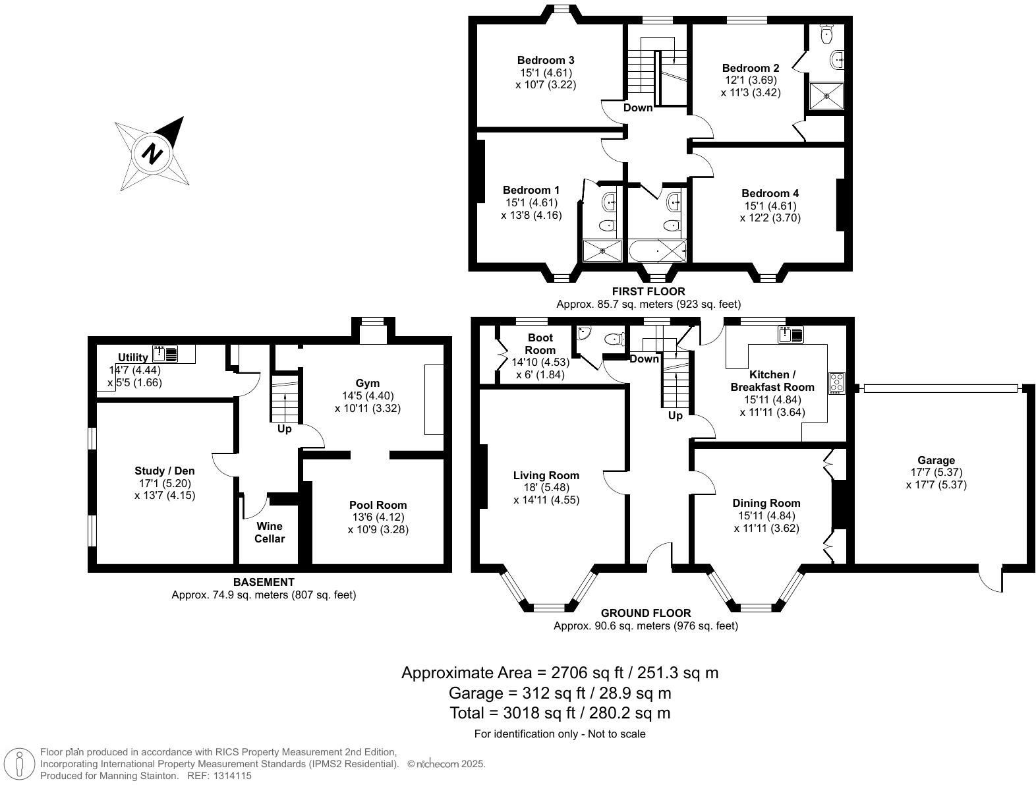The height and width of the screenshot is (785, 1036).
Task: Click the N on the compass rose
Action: [152, 154]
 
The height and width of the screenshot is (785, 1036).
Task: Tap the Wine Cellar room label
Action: [270, 532]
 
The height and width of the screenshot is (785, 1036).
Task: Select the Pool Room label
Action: [378, 505]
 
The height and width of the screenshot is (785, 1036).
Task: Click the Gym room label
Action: [367, 383]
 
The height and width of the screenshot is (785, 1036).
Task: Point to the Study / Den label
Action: [165, 471]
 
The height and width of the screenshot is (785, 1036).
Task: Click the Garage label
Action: [936, 460]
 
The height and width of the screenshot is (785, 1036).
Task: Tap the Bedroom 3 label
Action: [546, 60]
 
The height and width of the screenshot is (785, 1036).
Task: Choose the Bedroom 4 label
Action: [770, 193]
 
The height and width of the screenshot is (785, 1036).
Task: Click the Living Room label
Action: [546, 475]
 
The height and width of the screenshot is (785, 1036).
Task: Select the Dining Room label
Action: [766, 503]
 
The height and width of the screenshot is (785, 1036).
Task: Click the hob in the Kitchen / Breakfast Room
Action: [837, 383]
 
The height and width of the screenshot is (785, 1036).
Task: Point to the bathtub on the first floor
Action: [657, 251]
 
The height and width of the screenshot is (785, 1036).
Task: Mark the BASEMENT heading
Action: [264, 582]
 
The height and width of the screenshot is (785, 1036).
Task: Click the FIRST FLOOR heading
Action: [648, 291]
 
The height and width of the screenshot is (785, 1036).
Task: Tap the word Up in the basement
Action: [284, 429]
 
